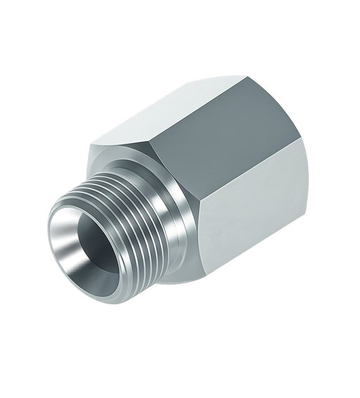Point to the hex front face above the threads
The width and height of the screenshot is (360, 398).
pyautogui.click(x=114, y=158)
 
